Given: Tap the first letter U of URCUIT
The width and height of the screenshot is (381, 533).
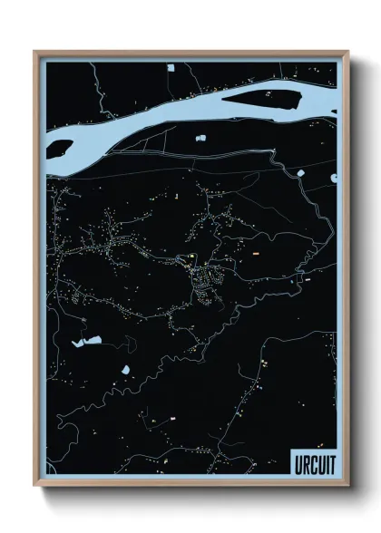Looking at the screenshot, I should (x=298, y=464).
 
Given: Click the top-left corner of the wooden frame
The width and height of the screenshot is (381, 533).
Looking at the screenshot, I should (x=35, y=52).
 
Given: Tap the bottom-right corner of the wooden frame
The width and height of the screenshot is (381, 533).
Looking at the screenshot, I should (x=348, y=487).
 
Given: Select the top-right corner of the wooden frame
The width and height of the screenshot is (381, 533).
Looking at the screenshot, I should (x=348, y=52).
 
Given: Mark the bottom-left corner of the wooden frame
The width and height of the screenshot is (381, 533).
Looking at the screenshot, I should (x=35, y=487).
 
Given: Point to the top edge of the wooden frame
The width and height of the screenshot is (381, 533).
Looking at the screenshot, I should (x=190, y=52).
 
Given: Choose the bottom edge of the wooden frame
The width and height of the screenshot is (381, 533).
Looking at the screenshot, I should (x=190, y=486).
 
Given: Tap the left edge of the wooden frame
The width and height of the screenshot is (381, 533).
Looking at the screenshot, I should (x=35, y=272).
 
